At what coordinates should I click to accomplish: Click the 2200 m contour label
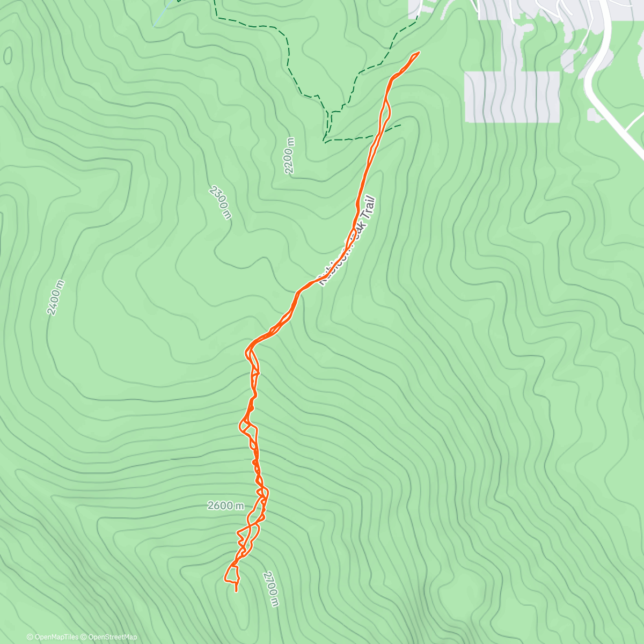point(290,156)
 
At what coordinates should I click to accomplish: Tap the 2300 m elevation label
point(221,202)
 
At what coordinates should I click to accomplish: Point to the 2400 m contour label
point(55,297)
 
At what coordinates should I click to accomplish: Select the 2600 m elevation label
point(225,506)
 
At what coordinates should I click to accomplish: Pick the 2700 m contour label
point(271,589)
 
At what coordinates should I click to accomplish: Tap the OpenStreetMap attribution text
point(113,637)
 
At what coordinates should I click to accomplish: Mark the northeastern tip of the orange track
point(418,53)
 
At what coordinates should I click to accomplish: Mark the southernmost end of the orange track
point(236,591)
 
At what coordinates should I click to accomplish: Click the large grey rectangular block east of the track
point(512,97)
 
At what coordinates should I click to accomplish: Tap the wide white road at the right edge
point(596,80)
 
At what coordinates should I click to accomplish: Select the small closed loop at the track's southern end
point(232,574)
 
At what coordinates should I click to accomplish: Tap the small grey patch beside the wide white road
point(594,114)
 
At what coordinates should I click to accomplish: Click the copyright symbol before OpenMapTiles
point(30,637)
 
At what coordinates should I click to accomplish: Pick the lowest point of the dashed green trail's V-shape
point(325,141)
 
